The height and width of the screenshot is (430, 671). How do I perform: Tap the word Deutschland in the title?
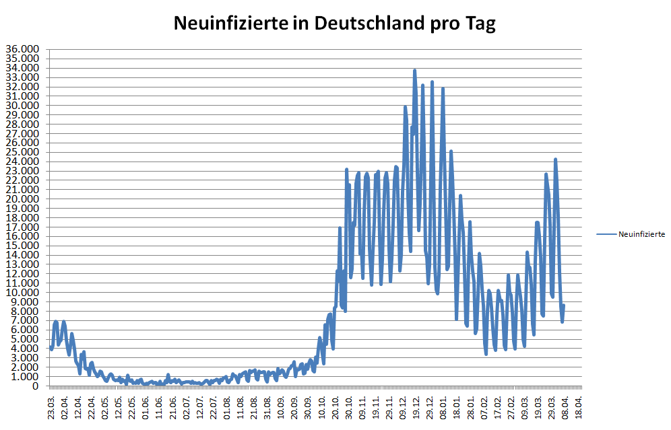point(361,24)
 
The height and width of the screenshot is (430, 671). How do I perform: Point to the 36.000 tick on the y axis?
point(22,50)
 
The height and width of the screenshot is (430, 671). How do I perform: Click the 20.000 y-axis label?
point(22,199)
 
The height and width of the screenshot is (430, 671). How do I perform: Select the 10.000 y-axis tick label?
point(22,293)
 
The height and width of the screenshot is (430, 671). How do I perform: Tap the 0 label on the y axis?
point(35,386)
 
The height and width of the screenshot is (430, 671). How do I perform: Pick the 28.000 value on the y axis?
point(22,124)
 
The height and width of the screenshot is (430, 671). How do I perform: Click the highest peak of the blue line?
point(415,70)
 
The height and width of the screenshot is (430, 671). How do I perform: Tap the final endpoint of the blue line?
point(563,306)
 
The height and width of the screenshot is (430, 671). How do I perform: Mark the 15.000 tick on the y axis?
point(22,246)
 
